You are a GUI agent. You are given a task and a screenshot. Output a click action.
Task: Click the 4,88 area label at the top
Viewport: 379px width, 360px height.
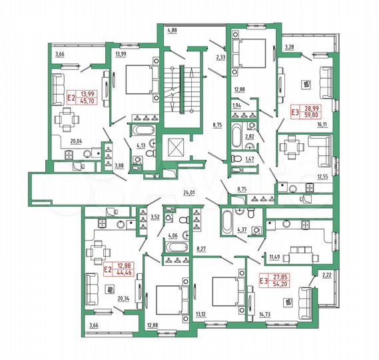tap(172, 30)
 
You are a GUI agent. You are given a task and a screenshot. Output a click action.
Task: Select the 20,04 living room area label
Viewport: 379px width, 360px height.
tap(61, 141)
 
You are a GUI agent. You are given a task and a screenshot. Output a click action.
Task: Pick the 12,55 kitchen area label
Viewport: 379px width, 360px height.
tap(322, 176)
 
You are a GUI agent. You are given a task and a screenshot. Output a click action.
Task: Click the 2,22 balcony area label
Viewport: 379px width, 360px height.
tap(326, 275)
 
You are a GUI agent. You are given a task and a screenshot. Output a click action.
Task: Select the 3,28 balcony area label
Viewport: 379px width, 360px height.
tap(289, 47)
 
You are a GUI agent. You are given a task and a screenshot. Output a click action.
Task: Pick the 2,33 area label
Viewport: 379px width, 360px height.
tap(220, 59)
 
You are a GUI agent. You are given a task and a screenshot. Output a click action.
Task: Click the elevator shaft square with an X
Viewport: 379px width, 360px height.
tap(178, 147)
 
